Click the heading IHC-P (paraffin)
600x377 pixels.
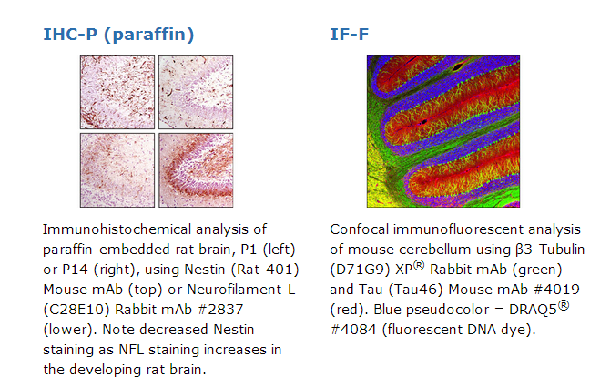(118, 35)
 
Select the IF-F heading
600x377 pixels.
(350, 34)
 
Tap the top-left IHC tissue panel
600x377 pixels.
(117, 92)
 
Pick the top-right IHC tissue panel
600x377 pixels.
(196, 92)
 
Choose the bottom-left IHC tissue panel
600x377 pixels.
(117, 170)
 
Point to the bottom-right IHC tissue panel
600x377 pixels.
(196, 170)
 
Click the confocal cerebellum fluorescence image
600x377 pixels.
(443, 131)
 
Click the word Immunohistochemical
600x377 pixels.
(117, 229)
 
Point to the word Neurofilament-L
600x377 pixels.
(241, 290)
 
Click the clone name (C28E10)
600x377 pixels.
(76, 310)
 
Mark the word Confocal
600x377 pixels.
(359, 229)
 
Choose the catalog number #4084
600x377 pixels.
(353, 330)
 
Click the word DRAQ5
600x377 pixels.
(533, 310)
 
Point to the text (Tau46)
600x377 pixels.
(416, 290)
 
